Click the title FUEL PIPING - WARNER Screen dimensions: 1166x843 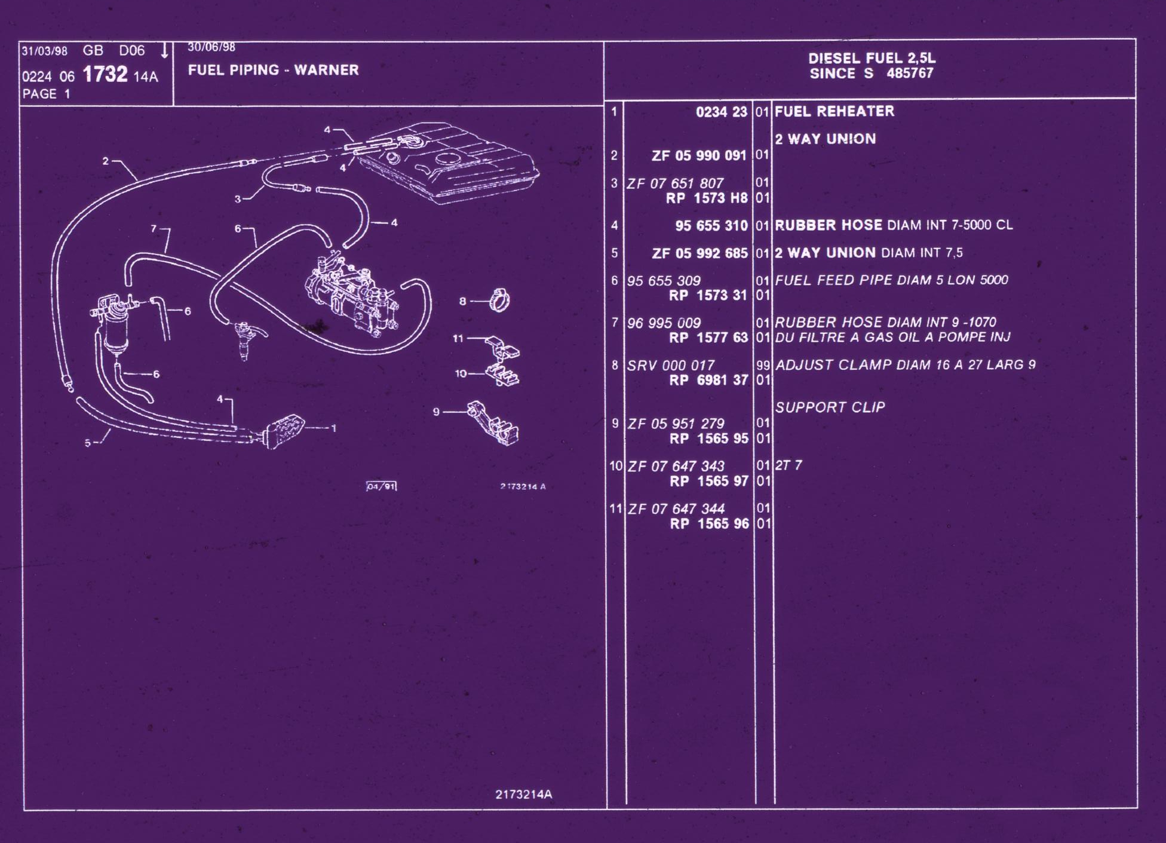pos(273,70)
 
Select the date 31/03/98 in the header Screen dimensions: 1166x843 pos(44,51)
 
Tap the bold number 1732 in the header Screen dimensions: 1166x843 pos(105,75)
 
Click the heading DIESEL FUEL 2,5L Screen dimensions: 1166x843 pos(872,58)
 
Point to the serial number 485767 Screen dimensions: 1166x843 pos(910,73)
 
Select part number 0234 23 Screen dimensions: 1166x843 pos(721,112)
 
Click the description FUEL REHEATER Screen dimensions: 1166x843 pos(834,111)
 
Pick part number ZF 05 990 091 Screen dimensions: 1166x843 pos(699,155)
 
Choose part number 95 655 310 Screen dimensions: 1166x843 pos(711,226)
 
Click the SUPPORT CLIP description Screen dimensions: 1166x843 pos(830,407)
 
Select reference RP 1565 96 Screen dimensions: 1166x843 pos(709,524)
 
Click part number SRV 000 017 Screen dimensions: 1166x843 pos(670,366)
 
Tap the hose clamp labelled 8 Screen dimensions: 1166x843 pos(499,300)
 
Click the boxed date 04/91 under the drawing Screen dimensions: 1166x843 pos(381,486)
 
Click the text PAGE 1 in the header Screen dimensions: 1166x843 pos(46,94)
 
